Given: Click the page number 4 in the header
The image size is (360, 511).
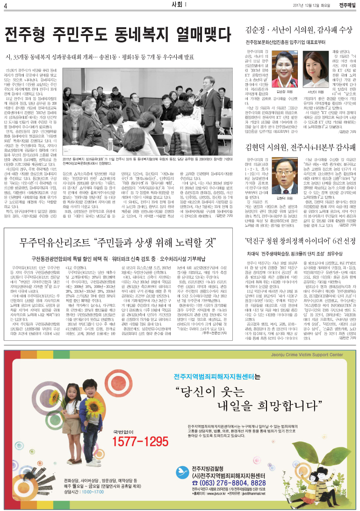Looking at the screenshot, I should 6,5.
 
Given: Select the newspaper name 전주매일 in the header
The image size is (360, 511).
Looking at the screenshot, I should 347,5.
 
